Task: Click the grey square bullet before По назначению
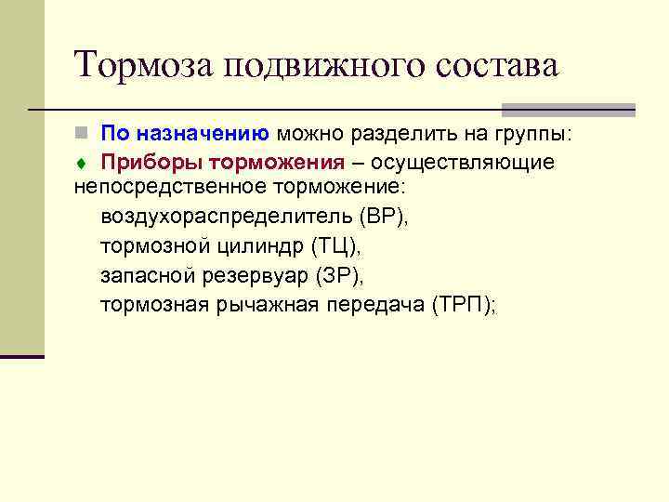click(81, 135)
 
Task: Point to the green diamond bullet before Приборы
click(81, 164)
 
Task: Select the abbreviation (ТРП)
click(462, 306)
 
